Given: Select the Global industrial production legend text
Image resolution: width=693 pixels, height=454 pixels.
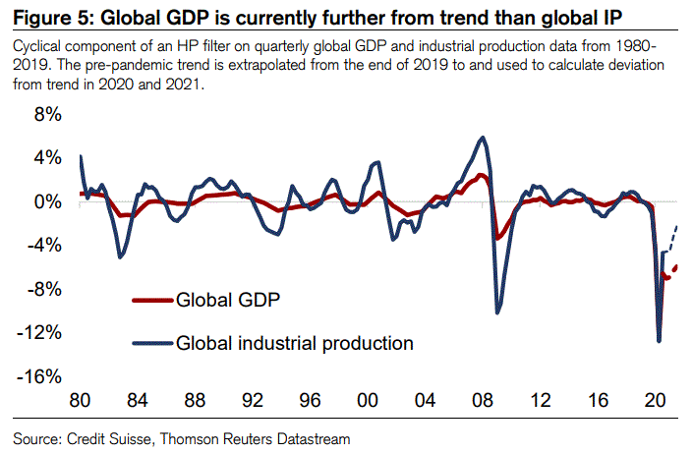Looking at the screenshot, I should tap(294, 343).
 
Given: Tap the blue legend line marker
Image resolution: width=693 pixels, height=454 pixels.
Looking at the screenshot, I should tap(151, 344).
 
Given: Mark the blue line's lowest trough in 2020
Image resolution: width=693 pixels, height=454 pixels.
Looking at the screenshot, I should tap(659, 341).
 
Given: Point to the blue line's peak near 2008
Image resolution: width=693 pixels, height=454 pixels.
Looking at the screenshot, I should tap(481, 138).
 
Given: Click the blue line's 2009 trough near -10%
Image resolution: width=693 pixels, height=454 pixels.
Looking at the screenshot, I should tap(499, 312).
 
